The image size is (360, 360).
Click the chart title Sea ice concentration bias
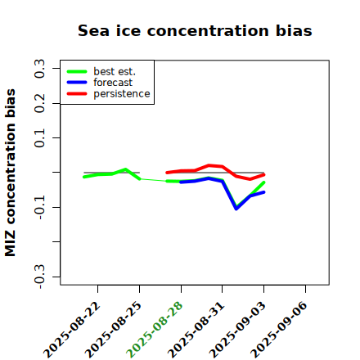(x=195, y=30)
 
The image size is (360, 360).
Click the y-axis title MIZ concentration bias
(x=10, y=173)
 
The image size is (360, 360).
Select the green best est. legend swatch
(x=77, y=72)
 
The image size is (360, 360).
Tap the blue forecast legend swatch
(x=77, y=83)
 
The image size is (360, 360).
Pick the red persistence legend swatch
(x=77, y=94)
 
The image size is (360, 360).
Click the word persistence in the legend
(x=122, y=94)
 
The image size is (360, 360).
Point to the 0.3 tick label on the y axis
(x=40, y=68)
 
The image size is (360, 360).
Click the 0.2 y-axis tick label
(x=40, y=103)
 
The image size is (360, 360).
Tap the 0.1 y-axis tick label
(x=40, y=138)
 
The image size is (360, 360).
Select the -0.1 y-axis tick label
(x=40, y=207)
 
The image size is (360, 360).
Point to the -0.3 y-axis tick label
(x=40, y=277)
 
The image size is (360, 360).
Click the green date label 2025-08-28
(x=155, y=330)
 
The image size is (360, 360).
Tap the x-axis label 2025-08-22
(x=71, y=330)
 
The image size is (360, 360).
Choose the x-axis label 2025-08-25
(x=113, y=330)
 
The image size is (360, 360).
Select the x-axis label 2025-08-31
(x=196, y=330)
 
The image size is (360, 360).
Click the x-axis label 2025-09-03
(x=237, y=330)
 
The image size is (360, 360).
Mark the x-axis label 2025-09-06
(x=279, y=330)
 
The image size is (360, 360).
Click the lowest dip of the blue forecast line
(x=236, y=209)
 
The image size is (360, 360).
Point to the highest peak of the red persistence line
(x=209, y=165)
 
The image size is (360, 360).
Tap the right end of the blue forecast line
(x=264, y=192)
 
